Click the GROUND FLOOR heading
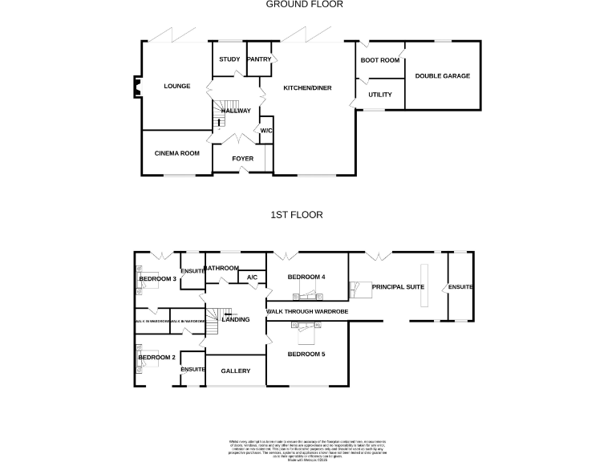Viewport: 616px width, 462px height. (x=305, y=4)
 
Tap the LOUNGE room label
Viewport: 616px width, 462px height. (x=176, y=86)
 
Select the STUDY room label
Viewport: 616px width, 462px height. (x=229, y=59)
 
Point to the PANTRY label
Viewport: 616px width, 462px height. (x=259, y=59)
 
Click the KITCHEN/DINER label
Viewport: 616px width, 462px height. (x=307, y=87)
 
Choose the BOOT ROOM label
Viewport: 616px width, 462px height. (x=379, y=60)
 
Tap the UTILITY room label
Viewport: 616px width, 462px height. (x=379, y=95)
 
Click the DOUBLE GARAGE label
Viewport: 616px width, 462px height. (x=442, y=76)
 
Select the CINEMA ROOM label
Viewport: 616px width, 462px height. (x=176, y=152)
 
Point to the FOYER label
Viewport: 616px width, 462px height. (x=242, y=159)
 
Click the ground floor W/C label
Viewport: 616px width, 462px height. (x=266, y=131)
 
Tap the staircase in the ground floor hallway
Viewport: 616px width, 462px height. (x=224, y=112)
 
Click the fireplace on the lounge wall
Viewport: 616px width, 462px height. (x=134, y=86)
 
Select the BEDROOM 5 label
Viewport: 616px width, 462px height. (x=306, y=354)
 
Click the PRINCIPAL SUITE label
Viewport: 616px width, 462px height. (x=397, y=286)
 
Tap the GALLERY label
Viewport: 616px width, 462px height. (x=236, y=371)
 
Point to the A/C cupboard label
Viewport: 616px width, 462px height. (x=251, y=278)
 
